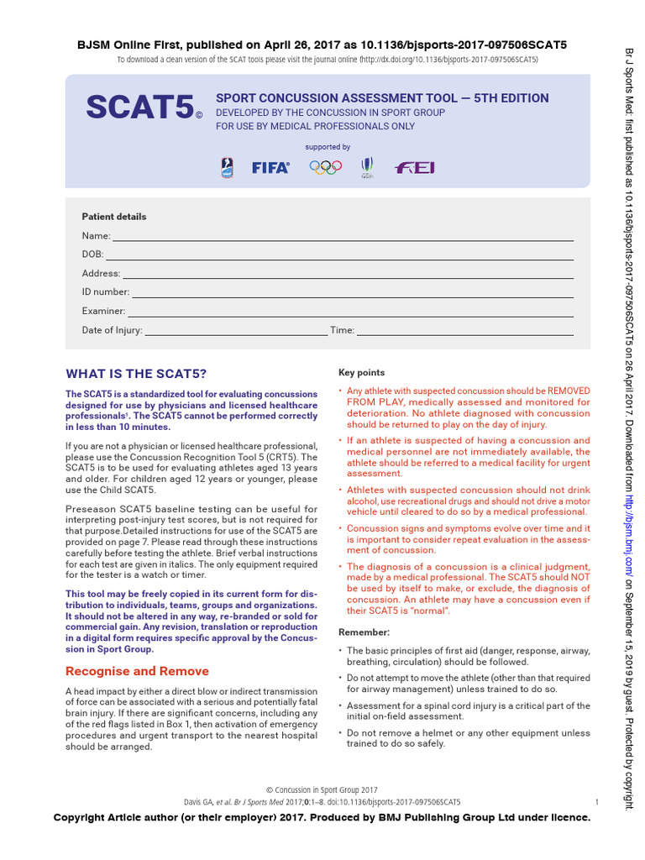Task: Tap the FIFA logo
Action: tap(270, 168)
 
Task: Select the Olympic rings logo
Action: tap(325, 168)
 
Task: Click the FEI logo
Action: tap(415, 168)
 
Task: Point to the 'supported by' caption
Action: tap(328, 147)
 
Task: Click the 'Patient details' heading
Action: tap(113, 217)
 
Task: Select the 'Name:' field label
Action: tap(96, 236)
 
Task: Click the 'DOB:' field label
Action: tap(92, 254)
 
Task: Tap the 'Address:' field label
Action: tap(101, 274)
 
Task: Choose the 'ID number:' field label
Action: tap(105, 292)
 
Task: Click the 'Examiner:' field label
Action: tap(103, 311)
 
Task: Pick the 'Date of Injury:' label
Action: tap(112, 330)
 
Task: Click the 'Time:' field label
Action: tap(342, 330)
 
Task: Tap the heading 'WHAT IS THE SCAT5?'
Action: tap(136, 374)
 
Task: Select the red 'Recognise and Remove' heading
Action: tap(137, 671)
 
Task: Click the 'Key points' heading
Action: tap(361, 373)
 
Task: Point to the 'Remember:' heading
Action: tap(364, 632)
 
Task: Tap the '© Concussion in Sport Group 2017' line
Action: tap(322, 790)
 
